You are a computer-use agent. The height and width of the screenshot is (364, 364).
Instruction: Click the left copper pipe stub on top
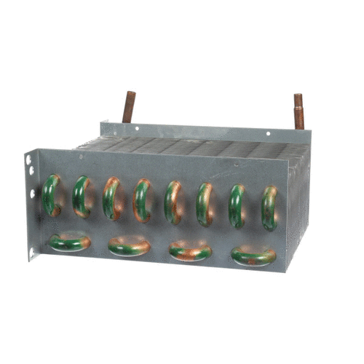click(x=129, y=107)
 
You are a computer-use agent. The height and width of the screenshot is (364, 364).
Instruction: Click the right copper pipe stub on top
click(x=298, y=111)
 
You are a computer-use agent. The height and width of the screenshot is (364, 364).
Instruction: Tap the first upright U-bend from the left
click(x=51, y=195)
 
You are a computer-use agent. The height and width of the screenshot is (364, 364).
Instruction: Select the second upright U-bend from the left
click(x=82, y=197)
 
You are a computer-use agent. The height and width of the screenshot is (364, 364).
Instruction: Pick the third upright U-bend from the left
click(x=111, y=199)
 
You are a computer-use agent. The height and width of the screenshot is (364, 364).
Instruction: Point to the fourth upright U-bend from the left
click(x=142, y=200)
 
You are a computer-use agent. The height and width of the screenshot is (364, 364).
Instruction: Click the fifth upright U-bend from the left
click(x=173, y=202)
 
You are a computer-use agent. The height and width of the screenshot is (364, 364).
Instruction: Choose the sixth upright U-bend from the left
click(x=205, y=204)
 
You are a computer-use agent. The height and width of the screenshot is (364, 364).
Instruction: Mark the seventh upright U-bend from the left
click(x=237, y=206)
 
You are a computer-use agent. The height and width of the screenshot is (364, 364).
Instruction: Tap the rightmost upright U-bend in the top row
click(x=269, y=208)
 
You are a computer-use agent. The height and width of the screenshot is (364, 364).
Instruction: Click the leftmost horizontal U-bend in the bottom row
click(x=70, y=242)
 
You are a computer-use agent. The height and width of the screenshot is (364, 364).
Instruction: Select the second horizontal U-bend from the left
click(x=129, y=247)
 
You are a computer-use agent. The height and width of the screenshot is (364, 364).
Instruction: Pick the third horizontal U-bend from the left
click(x=190, y=251)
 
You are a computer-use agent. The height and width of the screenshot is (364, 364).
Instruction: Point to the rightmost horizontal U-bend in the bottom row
click(x=253, y=255)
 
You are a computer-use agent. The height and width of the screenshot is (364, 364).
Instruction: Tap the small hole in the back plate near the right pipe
click(x=267, y=134)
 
